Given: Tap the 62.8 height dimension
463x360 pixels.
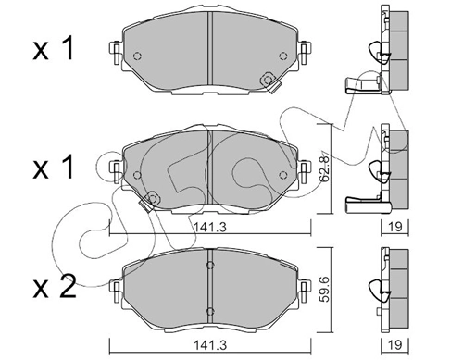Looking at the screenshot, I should [x=324, y=168].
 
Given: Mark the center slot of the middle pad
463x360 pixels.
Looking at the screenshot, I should [x=211, y=167].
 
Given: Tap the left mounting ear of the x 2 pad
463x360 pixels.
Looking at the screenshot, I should [x=116, y=282].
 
